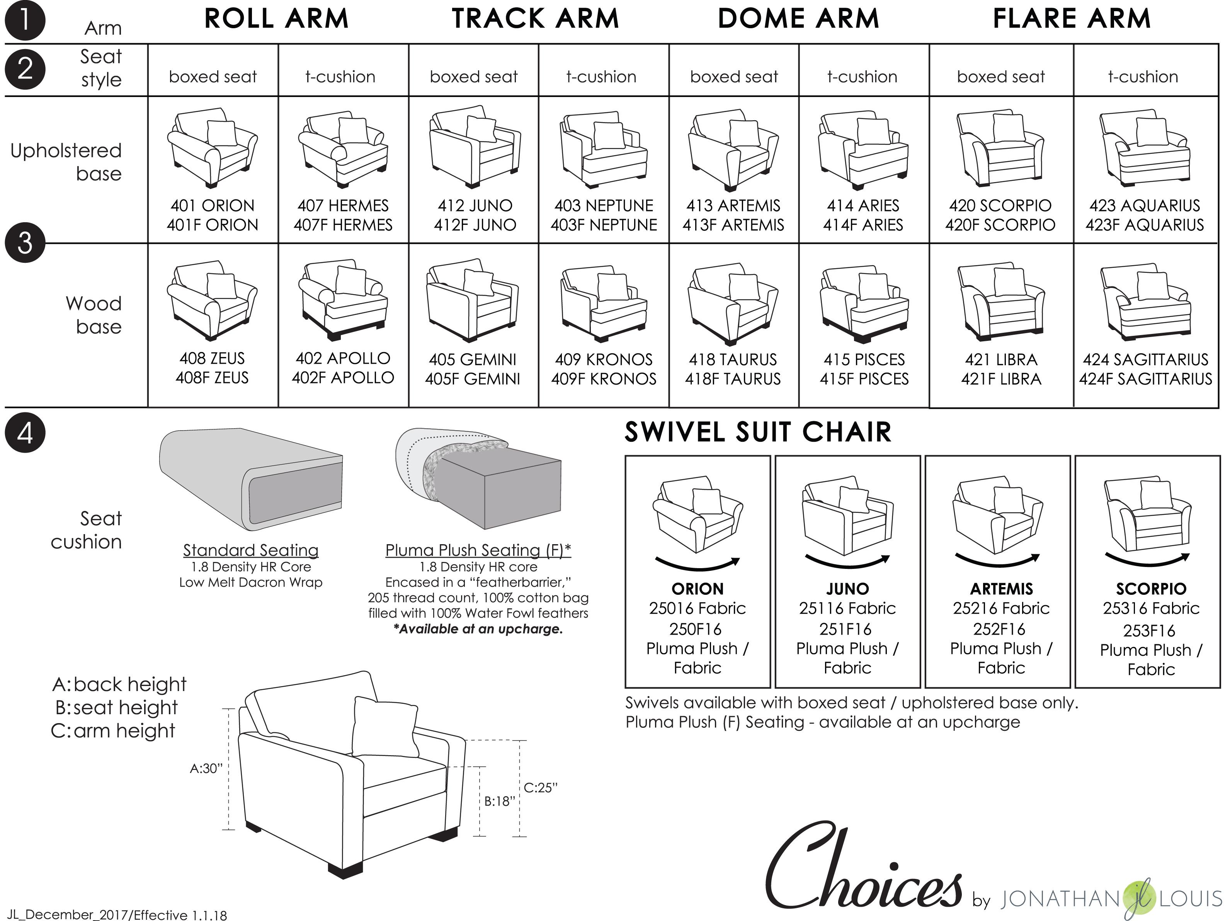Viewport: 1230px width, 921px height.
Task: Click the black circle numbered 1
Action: click(24, 20)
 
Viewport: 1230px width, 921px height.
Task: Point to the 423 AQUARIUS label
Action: click(1144, 205)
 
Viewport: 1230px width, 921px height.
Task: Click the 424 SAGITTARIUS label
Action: click(1145, 359)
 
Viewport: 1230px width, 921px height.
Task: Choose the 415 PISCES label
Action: click(864, 359)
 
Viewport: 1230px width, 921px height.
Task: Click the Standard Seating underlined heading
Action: click(251, 550)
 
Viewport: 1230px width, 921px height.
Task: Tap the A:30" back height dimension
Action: click(206, 769)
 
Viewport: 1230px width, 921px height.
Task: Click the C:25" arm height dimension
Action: click(540, 788)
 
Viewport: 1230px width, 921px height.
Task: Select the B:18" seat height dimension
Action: click(499, 802)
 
